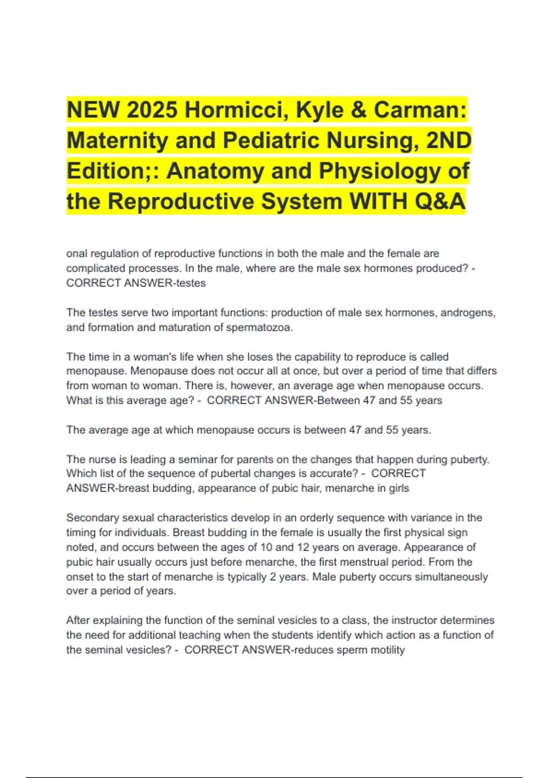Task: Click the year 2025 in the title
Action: click(152, 110)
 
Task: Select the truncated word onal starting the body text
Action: click(76, 254)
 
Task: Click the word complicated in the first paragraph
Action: click(95, 268)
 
